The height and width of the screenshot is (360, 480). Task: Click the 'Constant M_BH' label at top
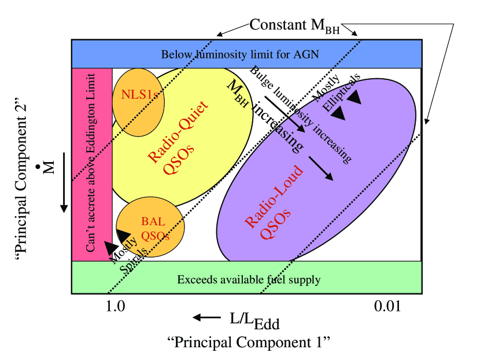295,25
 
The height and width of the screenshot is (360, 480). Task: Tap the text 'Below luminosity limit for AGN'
240,55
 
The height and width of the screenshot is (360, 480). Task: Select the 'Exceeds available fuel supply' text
249,280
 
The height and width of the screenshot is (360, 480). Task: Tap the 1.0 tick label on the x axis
116,307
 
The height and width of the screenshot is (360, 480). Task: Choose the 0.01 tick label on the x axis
386,307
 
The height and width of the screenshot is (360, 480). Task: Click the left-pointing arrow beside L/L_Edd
206,317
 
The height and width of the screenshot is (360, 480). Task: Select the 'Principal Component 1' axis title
248,341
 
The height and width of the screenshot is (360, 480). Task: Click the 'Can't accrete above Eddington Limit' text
91,165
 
